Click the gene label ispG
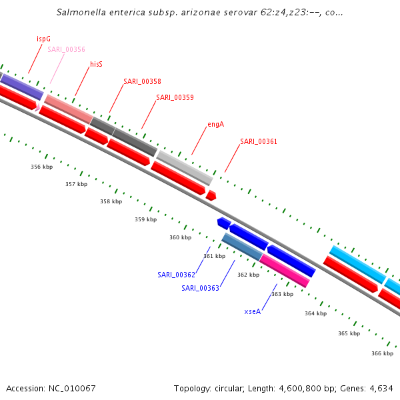pyautogui.click(x=43, y=39)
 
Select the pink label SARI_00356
pyautogui.click(x=66, y=49)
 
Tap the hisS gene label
pyautogui.click(x=96, y=64)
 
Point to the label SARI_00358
pyautogui.click(x=142, y=81)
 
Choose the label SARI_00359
pyautogui.click(x=175, y=97)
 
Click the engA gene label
pyautogui.click(x=215, y=124)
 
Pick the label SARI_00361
pyautogui.click(x=259, y=141)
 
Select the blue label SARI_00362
pyautogui.click(x=176, y=275)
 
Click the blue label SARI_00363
pyautogui.click(x=200, y=288)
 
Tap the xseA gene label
pyautogui.click(x=252, y=311)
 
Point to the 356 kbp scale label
pyautogui.click(x=41, y=167)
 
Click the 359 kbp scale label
pyautogui.click(x=145, y=219)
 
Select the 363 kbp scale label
pyautogui.click(x=282, y=294)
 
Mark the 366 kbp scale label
pyautogui.click(x=382, y=353)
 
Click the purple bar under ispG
pyautogui.click(x=22, y=87)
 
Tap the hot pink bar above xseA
pyautogui.click(x=285, y=270)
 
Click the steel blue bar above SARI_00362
pyautogui.click(x=241, y=246)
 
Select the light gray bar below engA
pyautogui.click(x=185, y=168)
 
